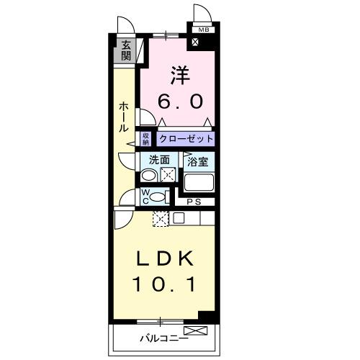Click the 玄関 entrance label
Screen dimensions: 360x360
click(126, 50)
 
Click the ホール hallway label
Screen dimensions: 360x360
click(123, 117)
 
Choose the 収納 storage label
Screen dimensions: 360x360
click(145, 138)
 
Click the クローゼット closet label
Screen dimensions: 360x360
click(186, 138)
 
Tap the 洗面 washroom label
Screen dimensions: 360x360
click(159, 161)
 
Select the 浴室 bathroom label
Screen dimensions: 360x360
click(197, 161)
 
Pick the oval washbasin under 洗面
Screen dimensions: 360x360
click(148, 175)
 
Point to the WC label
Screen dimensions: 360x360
click(145, 195)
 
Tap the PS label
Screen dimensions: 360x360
click(195, 202)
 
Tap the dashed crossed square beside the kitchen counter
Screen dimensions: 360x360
click(160, 219)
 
